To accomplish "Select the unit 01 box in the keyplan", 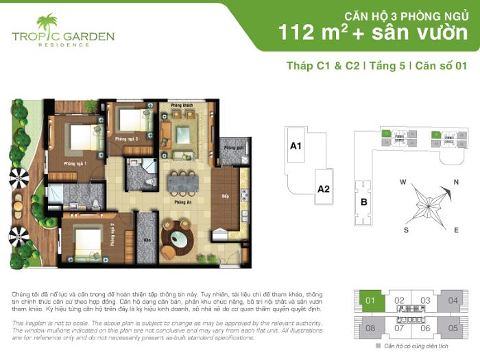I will (x=370, y=300).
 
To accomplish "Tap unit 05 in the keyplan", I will (x=453, y=327).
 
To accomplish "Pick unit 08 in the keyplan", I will (x=370, y=327).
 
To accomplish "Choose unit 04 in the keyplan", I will (x=453, y=300).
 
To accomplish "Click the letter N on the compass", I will (x=455, y=182).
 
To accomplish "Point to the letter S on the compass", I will (x=406, y=230).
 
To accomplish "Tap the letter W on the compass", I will (x=404, y=182).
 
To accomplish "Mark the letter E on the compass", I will (x=456, y=230).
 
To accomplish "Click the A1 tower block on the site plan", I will (x=296, y=145).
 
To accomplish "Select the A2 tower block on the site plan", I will (x=324, y=189).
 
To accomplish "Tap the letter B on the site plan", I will (x=363, y=202).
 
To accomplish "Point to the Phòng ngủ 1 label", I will (x=75, y=164).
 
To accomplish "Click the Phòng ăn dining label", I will (x=182, y=203).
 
